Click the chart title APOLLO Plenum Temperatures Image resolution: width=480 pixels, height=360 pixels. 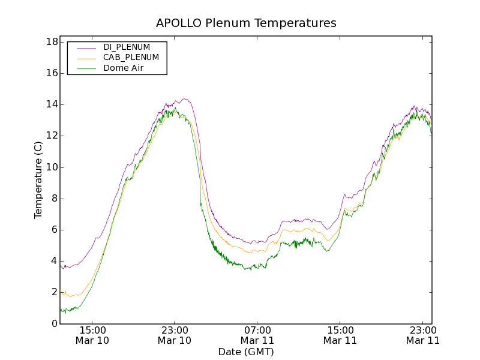click(x=246, y=23)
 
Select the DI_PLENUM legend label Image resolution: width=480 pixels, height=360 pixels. click(x=127, y=47)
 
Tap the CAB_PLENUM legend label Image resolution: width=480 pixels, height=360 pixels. click(x=131, y=58)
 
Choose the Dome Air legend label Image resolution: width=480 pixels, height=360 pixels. click(x=124, y=68)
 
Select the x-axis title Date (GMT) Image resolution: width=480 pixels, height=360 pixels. click(x=246, y=352)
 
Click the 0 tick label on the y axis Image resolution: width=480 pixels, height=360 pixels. click(x=54, y=324)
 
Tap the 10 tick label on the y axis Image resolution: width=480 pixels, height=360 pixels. click(x=51, y=167)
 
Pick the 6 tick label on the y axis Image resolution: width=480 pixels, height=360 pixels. click(x=54, y=230)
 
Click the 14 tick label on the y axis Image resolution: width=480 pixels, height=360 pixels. click(x=51, y=104)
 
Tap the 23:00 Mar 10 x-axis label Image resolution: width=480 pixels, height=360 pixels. click(x=175, y=335)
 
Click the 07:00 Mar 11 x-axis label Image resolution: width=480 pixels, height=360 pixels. click(x=257, y=335)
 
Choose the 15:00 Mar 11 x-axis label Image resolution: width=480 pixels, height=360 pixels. click(x=340, y=335)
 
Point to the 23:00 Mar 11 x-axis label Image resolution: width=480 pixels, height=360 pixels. click(x=422, y=335)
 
